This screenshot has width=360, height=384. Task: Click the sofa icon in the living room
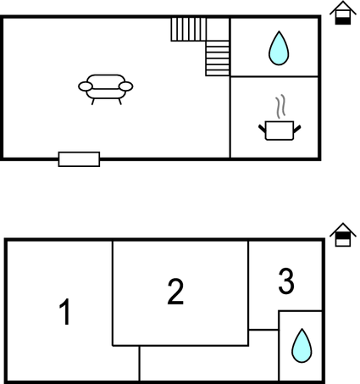coord(106,89)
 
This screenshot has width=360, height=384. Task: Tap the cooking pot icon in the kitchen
coord(280,131)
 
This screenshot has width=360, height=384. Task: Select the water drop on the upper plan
coord(279,48)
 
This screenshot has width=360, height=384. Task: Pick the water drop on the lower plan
coord(302,346)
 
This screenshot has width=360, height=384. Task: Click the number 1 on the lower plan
coord(65,312)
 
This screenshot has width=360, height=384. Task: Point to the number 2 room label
coord(175,292)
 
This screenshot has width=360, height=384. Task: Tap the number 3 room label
coord(286,281)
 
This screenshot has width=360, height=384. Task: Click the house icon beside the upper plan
coord(343,13)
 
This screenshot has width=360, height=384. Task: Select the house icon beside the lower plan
coord(343,235)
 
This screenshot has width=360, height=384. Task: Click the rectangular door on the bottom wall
coord(79,159)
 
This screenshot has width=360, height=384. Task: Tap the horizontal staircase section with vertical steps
coord(189,30)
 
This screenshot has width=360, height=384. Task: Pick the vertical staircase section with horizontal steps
coord(218,58)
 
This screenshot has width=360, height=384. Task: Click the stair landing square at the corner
coord(218,30)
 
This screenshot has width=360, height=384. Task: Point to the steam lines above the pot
coord(280,106)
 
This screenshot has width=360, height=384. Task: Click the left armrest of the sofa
coord(86,86)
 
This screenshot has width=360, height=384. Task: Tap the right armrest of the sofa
coord(126,86)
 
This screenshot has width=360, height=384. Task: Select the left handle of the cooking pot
coord(263,129)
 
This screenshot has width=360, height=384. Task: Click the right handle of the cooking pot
coord(297,129)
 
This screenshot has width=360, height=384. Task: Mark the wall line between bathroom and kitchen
coord(274,76)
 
